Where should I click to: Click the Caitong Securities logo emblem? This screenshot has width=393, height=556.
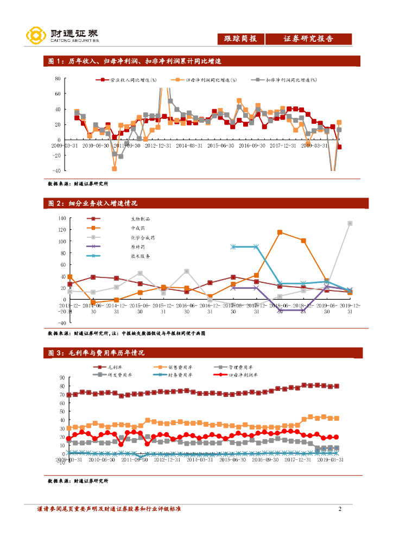click(35, 35)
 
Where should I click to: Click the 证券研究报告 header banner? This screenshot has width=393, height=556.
click(308, 39)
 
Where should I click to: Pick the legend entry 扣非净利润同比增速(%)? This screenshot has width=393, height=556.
click(286, 80)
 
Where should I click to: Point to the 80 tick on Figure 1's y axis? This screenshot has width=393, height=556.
click(57, 79)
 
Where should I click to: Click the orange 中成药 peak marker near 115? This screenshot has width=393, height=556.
click(280, 232)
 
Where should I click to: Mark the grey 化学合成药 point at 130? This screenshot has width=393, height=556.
click(350, 223)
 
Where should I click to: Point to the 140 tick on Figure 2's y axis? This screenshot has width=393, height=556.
click(61, 218)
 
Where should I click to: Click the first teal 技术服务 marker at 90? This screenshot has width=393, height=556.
click(233, 247)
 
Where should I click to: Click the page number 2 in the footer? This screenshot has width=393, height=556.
click(340, 509)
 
